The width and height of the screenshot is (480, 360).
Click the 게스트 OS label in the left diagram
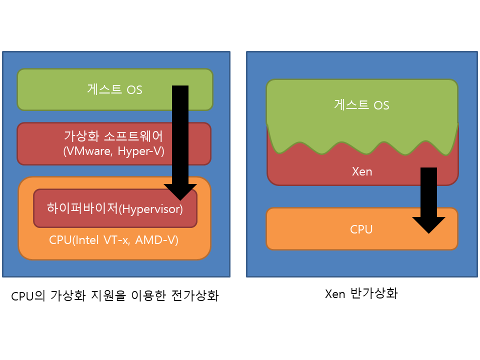pos(114,90)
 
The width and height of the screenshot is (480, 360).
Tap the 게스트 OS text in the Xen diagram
pos(361,105)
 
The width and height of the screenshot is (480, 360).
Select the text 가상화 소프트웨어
pos(114,136)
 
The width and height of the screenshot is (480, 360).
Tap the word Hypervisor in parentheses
pos(151,208)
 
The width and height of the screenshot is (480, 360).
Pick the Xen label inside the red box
pos(362,171)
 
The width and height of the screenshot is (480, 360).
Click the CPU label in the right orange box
pos(361,229)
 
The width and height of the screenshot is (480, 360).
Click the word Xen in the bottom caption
pos(335,293)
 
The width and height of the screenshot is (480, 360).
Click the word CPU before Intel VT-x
pos(60,240)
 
